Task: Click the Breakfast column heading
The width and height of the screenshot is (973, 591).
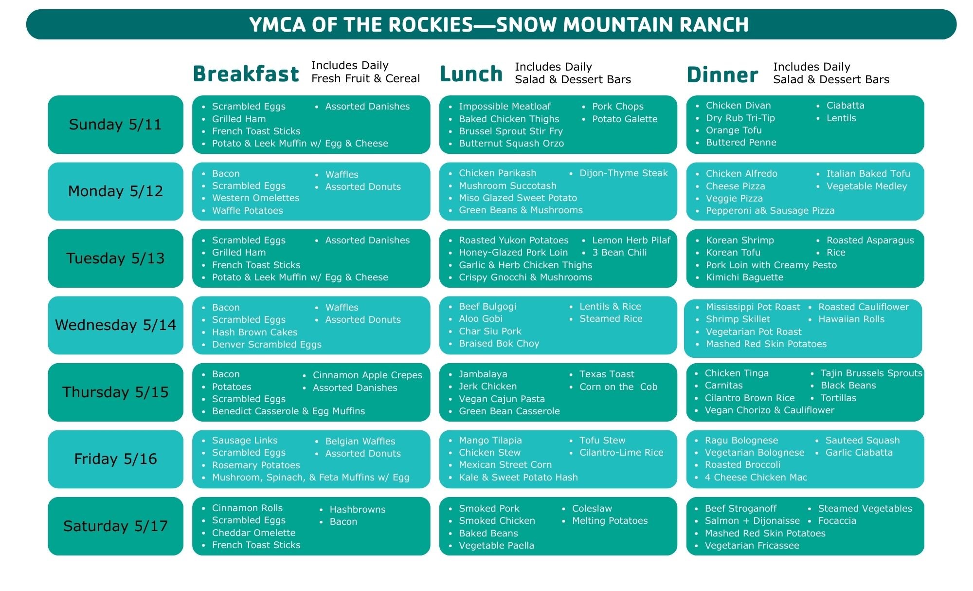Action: coord(246,74)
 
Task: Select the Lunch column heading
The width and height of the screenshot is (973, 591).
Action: coord(471,74)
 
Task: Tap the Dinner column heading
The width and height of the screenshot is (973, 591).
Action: coord(722,74)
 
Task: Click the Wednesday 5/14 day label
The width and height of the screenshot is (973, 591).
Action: coord(116,325)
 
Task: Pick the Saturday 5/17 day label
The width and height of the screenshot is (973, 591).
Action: coord(116,526)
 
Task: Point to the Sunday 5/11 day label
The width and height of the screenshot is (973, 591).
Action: coord(115,124)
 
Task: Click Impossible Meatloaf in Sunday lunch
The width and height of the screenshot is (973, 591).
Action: coord(505,106)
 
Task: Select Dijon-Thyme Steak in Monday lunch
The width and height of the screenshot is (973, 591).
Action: coord(624,173)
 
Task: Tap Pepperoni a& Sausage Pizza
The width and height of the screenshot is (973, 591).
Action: coord(770,211)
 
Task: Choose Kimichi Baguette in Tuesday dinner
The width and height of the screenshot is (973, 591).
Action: coord(744,277)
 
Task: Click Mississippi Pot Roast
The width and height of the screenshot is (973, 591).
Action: coord(753,307)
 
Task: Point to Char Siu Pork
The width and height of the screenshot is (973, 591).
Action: coord(490,331)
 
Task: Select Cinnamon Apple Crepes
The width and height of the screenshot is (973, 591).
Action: coord(367,375)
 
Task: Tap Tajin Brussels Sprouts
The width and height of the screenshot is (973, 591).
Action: coord(871,373)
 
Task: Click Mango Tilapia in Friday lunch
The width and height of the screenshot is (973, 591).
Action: coord(490,440)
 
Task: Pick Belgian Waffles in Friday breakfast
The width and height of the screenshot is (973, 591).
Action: coord(360,441)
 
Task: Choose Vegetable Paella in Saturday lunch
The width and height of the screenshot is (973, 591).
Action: coord(496,545)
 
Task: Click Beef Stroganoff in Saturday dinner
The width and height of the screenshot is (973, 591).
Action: coord(740,508)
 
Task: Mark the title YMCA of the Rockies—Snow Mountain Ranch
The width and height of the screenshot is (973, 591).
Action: coord(499,25)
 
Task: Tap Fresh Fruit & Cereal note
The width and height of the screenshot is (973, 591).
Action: coord(365,78)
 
